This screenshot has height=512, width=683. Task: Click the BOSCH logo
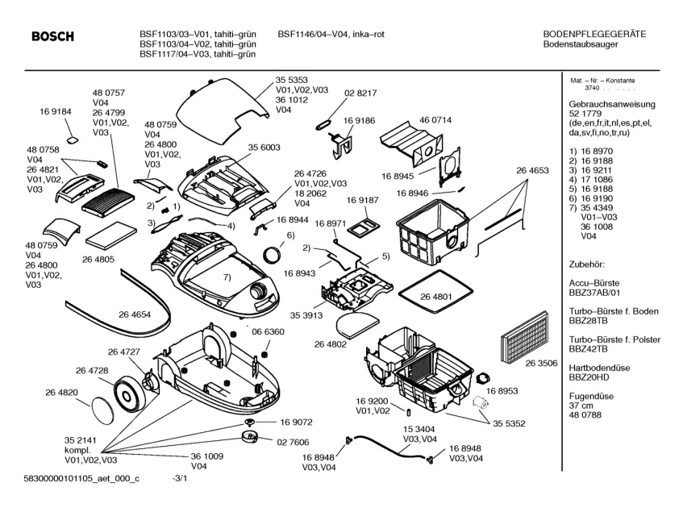(x=52, y=37)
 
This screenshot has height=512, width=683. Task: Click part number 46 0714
(x=435, y=119)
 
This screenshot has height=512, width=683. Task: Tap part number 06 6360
(x=268, y=331)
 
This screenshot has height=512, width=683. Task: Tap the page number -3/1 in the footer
(x=180, y=479)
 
